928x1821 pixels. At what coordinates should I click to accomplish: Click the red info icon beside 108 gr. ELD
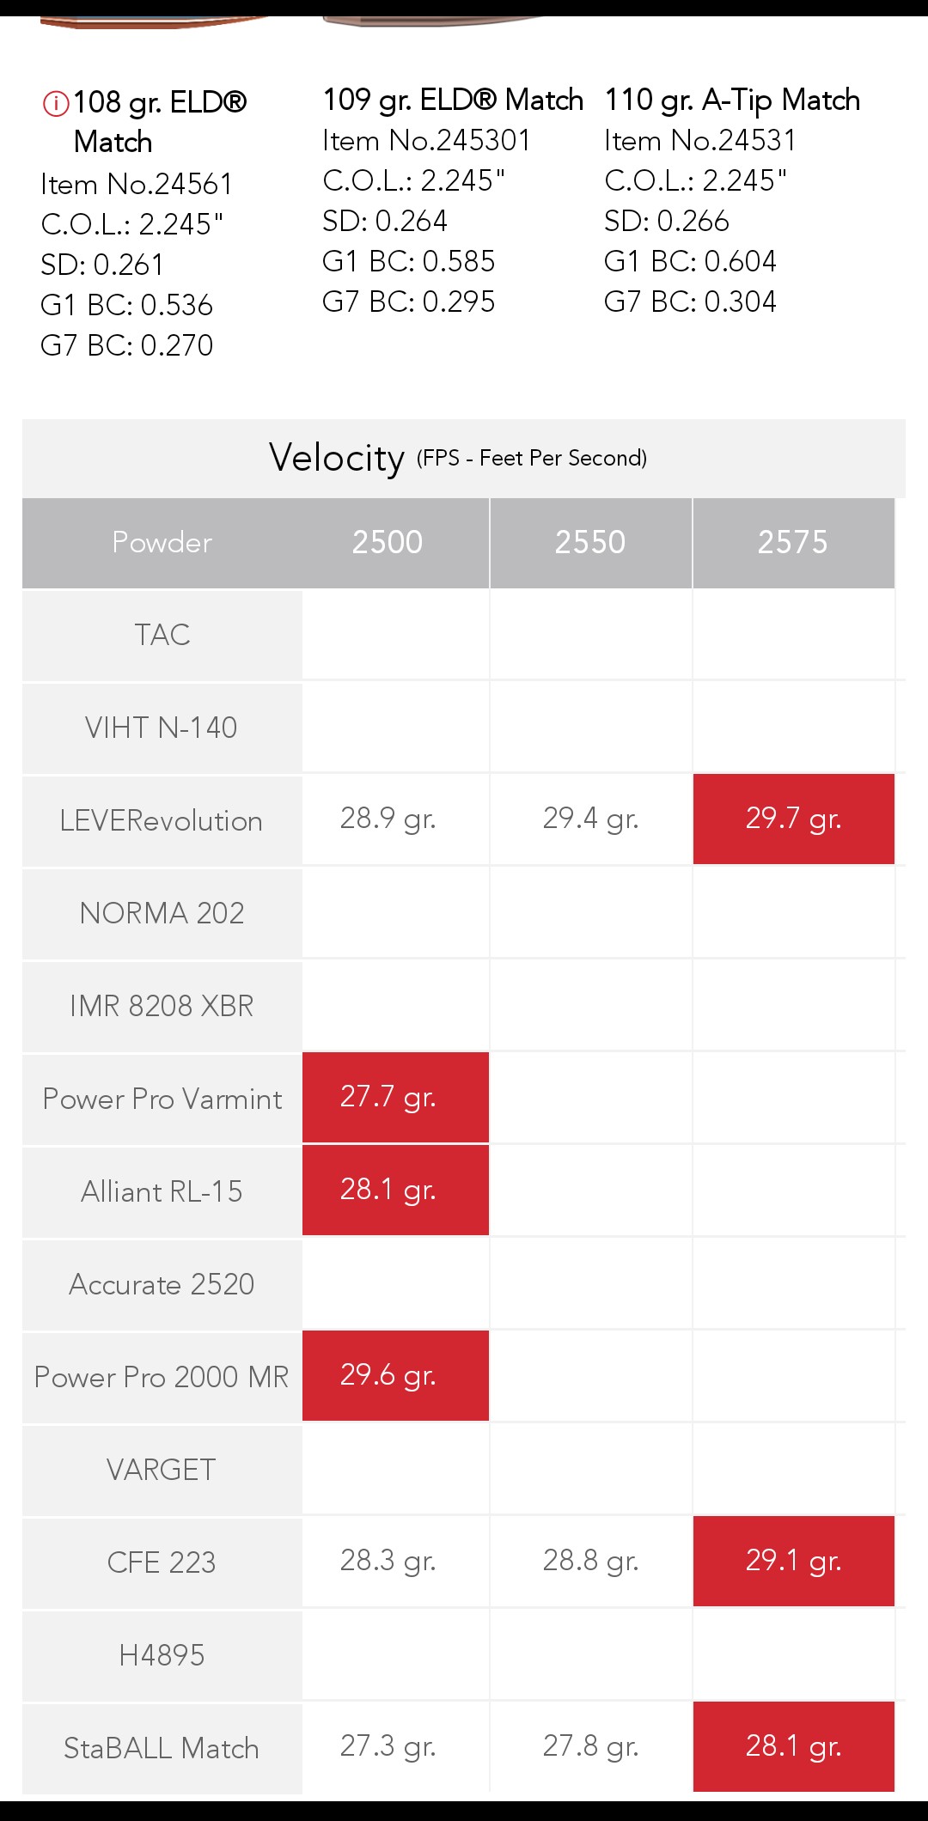click(x=56, y=104)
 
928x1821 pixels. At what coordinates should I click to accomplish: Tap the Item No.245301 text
click(x=426, y=140)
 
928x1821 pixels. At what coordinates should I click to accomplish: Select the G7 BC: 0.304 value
click(x=690, y=301)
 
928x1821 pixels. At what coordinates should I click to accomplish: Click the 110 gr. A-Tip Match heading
click(x=732, y=100)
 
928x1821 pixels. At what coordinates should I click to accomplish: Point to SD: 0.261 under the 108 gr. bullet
click(x=102, y=265)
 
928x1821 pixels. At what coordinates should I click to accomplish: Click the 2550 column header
click(x=590, y=542)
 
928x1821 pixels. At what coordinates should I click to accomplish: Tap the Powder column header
click(x=162, y=542)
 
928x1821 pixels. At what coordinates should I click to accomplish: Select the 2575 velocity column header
click(x=793, y=542)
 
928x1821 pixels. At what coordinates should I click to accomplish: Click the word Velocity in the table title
click(x=336, y=458)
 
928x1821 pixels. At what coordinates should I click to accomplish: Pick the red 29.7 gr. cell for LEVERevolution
click(x=793, y=819)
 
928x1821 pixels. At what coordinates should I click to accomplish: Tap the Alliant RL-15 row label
click(x=162, y=1191)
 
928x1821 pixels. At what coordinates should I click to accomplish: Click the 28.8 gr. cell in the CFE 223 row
click(x=590, y=1561)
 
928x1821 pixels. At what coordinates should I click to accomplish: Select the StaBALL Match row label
click(x=162, y=1748)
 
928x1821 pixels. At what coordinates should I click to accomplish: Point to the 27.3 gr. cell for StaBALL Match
click(x=388, y=1746)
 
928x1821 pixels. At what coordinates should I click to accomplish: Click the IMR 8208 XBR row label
click(x=162, y=1006)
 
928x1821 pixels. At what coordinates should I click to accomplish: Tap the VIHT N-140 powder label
click(x=162, y=728)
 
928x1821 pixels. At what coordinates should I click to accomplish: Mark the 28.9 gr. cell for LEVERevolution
click(x=388, y=819)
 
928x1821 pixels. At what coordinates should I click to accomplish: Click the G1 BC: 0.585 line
click(x=408, y=261)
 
